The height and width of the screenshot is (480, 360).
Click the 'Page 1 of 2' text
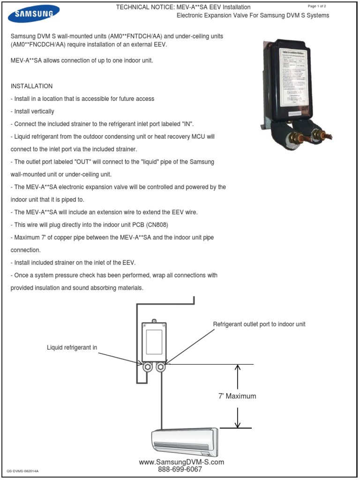(319, 6)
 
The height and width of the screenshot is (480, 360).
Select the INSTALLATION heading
(31, 86)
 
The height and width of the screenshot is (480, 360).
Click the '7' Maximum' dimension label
(237, 396)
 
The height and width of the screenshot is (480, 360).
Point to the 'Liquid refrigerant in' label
(72, 347)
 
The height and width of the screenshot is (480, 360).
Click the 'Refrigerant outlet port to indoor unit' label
(259, 324)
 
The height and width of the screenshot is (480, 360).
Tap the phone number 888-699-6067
(180, 469)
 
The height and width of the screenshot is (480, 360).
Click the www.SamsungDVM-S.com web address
(181, 462)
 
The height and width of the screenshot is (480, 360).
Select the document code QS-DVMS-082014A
(22, 471)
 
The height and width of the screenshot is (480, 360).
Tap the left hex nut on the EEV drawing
(147, 366)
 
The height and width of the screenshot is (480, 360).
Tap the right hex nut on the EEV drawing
(160, 366)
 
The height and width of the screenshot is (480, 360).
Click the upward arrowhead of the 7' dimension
(238, 368)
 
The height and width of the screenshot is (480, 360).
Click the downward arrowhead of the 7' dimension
(238, 424)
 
